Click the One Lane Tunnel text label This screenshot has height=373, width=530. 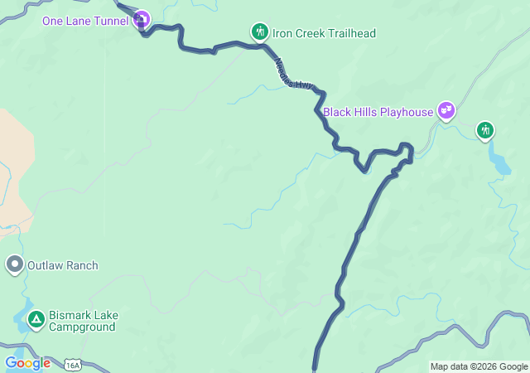85,21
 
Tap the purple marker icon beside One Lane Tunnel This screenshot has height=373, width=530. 142,19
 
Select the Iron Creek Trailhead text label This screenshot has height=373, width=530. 325,33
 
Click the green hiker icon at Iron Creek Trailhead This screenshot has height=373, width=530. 260,32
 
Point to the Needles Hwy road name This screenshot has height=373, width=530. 294,73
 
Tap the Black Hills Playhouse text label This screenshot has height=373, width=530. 378,111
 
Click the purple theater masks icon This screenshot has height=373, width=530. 446,109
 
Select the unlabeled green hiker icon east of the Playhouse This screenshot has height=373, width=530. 485,129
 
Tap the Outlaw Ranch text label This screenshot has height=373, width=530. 63,265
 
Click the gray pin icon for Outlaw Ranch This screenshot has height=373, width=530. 14,264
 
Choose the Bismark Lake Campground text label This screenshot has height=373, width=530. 81,321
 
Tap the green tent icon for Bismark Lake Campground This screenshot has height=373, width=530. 36,319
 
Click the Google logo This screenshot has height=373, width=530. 27,363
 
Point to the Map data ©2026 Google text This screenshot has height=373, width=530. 478,366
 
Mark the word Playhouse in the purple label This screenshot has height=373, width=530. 405,111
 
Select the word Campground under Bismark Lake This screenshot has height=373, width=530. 81,327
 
